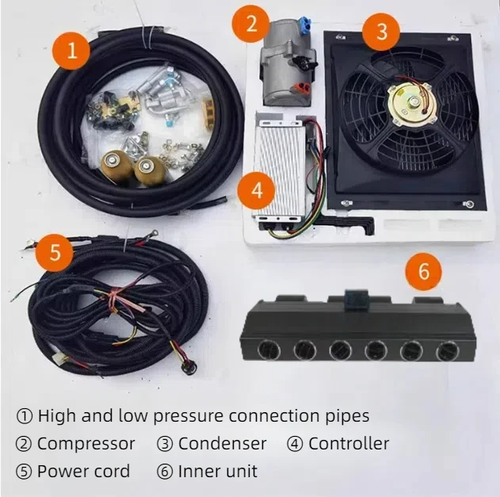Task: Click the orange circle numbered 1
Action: point(73,52)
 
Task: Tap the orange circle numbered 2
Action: point(251,23)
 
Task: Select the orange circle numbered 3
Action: point(382,31)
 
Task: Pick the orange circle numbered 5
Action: point(55,253)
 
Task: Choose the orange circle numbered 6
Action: point(423,272)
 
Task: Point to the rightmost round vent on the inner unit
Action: point(434,350)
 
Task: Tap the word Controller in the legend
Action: point(349,443)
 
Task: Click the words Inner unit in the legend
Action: point(218,471)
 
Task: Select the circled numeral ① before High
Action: point(24,415)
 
